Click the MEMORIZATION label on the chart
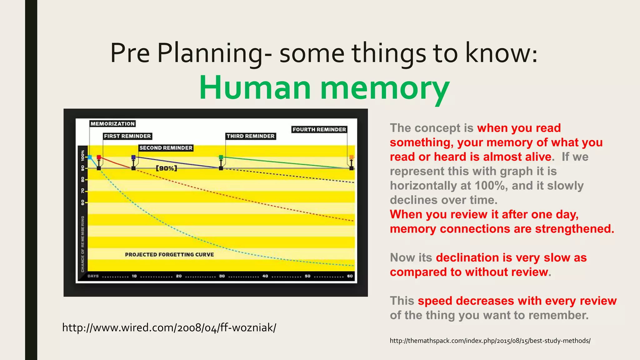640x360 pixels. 112,124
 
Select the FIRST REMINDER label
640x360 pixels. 127,136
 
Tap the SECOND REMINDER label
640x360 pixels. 166,148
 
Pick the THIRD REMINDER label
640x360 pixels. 251,136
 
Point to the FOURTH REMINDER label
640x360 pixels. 319,129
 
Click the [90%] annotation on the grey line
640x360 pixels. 166,168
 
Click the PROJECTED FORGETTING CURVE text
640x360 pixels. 169,254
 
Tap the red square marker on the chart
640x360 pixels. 99,157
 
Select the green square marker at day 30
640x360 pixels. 221,157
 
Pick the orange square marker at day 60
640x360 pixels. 352,157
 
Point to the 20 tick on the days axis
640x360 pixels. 179,276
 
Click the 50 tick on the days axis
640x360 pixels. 307,276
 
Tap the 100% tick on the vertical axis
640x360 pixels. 82,155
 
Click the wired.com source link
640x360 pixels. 169,327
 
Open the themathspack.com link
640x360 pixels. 490,341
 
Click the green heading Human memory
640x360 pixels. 324,88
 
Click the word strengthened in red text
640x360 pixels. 574,229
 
